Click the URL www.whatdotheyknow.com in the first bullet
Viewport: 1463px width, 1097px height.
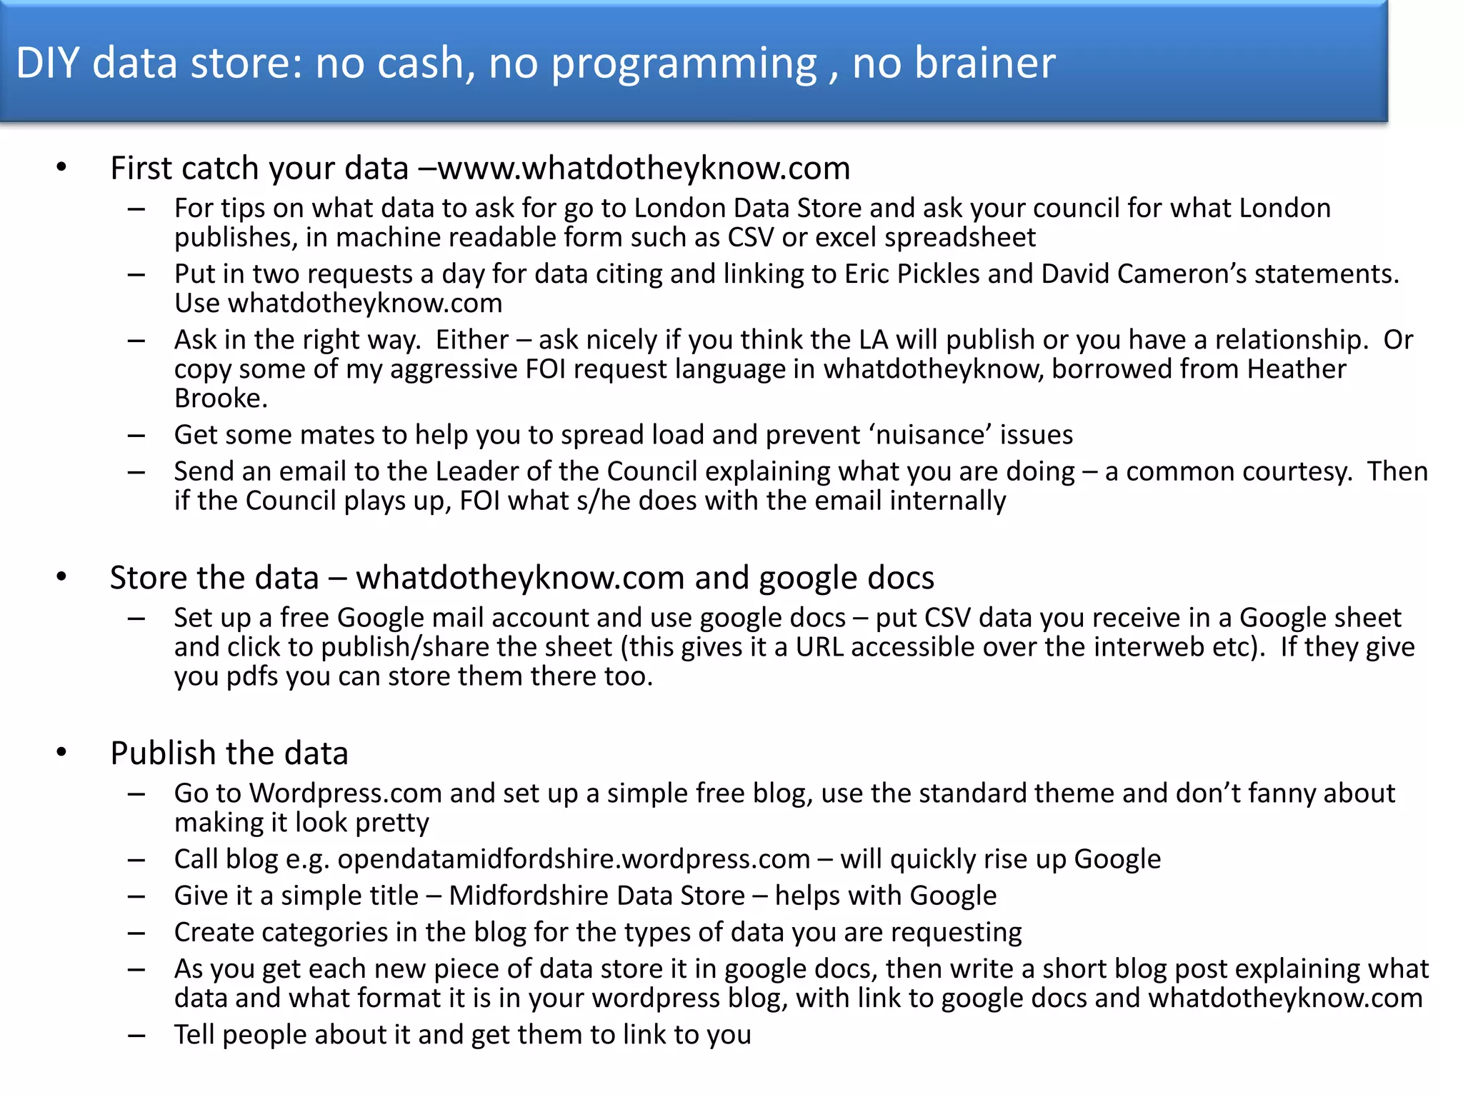click(x=644, y=169)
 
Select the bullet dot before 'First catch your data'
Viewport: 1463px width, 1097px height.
click(x=61, y=169)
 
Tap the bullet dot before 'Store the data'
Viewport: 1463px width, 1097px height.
click(x=61, y=577)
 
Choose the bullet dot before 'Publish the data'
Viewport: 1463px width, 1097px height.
click(x=61, y=753)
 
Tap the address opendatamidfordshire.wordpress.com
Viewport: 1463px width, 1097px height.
click(x=574, y=859)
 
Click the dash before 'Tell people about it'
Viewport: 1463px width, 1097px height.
click(x=136, y=1035)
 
